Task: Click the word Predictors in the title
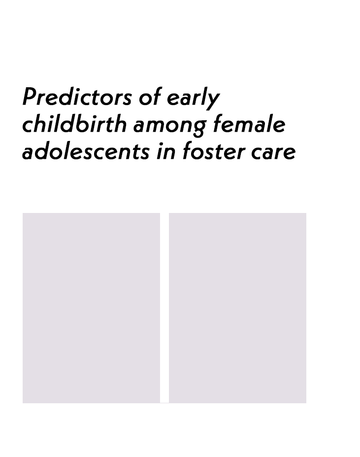(x=77, y=97)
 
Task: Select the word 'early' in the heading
(x=193, y=98)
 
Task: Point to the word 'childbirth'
(x=74, y=124)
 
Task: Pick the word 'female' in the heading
(x=249, y=124)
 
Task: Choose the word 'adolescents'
(x=86, y=151)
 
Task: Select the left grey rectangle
(x=91, y=308)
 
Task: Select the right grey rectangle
(x=237, y=308)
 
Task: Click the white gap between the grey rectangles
(x=164, y=308)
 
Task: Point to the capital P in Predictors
(x=31, y=97)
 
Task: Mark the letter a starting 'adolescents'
(x=29, y=153)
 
